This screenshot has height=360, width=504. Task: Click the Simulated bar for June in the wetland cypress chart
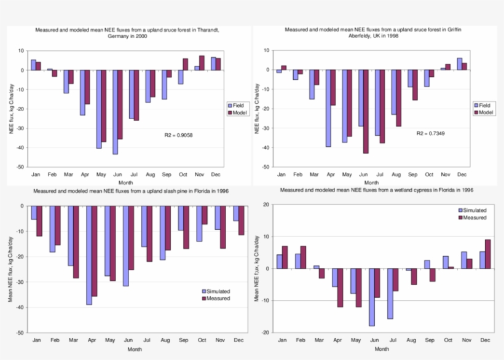pyautogui.click(x=372, y=297)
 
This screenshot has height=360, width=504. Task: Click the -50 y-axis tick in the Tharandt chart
pyautogui.click(x=21, y=167)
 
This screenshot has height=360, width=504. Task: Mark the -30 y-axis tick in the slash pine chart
pyautogui.click(x=21, y=282)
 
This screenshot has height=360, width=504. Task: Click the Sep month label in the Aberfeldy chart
pyautogui.click(x=412, y=174)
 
